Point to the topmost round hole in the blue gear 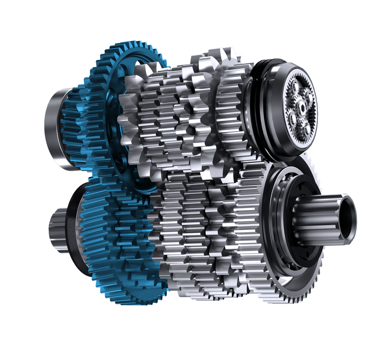coord(137,65)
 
